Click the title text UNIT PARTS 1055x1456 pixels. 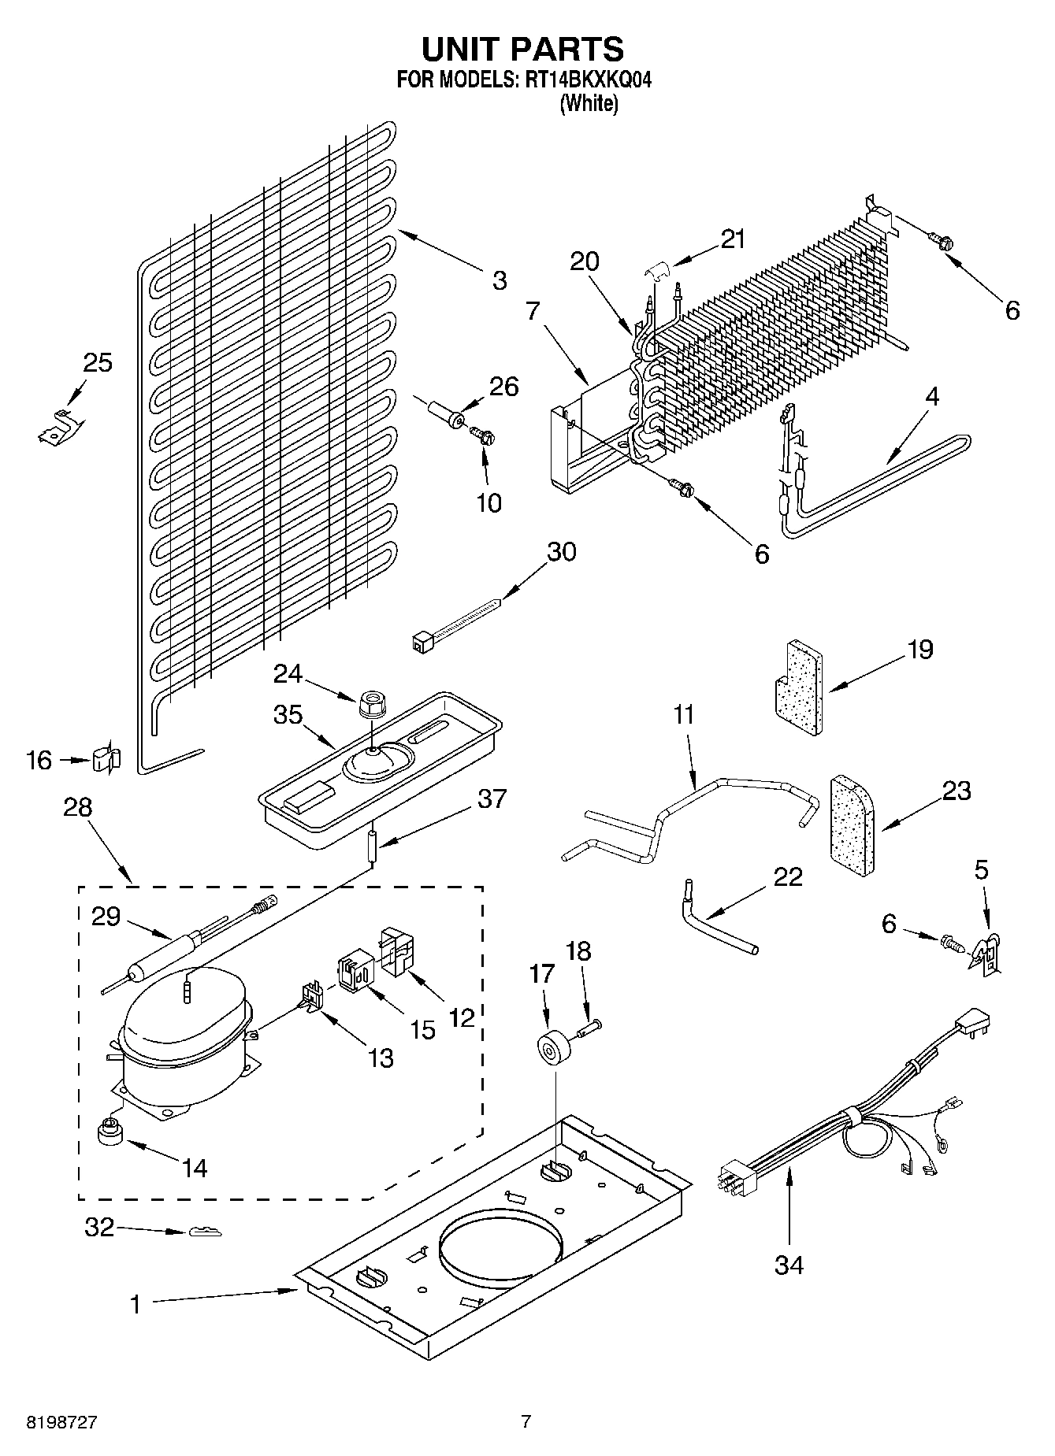pyautogui.click(x=522, y=49)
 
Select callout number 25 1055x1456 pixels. pyautogui.click(x=98, y=363)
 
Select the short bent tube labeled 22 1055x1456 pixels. pyautogui.click(x=713, y=921)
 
